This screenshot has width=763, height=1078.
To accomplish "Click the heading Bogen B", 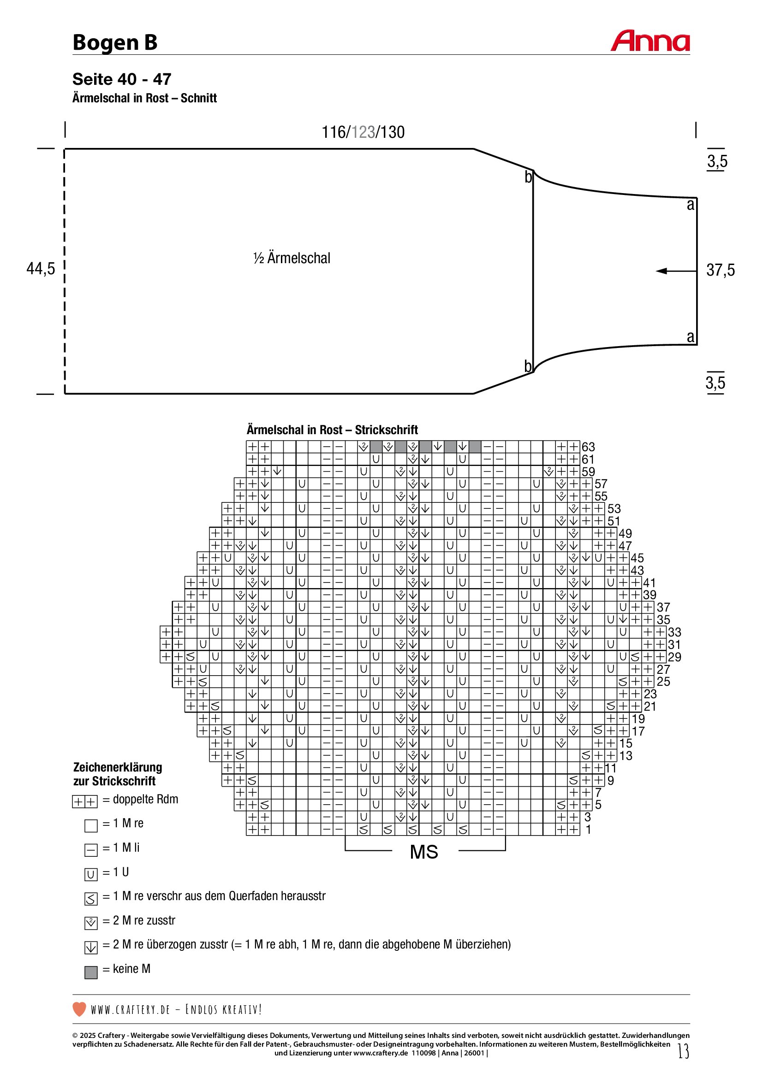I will [x=115, y=42].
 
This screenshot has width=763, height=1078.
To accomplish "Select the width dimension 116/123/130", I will [x=363, y=132].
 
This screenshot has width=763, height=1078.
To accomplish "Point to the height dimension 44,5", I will [x=41, y=269].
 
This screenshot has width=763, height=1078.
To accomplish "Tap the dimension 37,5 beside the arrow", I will [x=720, y=270].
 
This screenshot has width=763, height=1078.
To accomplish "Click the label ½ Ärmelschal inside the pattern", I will [x=291, y=258].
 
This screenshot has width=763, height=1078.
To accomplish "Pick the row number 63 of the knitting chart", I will [x=588, y=447].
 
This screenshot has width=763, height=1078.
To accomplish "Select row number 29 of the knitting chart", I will [x=674, y=657].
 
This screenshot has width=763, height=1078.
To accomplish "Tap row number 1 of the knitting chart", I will [x=588, y=830].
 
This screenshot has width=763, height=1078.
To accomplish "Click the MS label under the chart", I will [x=424, y=852].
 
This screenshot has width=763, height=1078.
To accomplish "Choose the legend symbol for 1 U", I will [x=91, y=874].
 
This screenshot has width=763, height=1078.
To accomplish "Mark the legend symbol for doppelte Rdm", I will [x=84, y=801].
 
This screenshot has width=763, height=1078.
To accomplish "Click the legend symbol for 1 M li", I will [x=91, y=850].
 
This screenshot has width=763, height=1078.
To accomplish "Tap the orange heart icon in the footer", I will [x=79, y=1009].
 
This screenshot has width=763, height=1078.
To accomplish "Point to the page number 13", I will [x=684, y=1051].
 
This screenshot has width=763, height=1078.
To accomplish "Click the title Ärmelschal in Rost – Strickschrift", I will [x=332, y=430].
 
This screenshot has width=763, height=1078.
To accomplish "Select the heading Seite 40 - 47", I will [x=122, y=79].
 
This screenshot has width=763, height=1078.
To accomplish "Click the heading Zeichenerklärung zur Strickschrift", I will [x=118, y=774].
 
